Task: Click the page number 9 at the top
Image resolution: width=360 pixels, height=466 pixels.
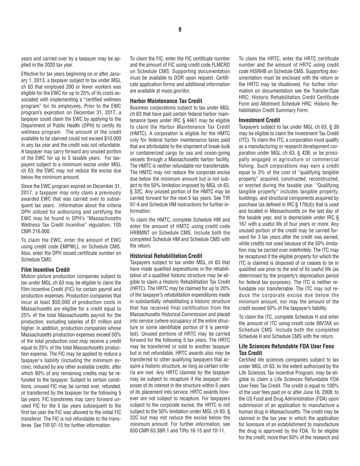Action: point(180,30)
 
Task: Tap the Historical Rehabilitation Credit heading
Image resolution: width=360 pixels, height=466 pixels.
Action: point(166,245)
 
